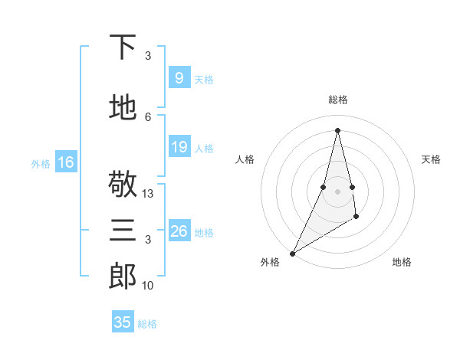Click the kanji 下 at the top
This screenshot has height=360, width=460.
(123, 47)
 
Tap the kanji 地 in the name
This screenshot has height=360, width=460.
(123, 109)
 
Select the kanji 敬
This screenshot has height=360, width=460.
(123, 185)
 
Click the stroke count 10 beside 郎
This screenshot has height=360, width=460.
(149, 285)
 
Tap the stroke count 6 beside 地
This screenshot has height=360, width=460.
(149, 116)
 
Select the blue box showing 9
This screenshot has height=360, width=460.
(179, 78)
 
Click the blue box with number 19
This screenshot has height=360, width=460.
(179, 147)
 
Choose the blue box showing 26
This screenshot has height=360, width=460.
(179, 231)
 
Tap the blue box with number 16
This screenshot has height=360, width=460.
(65, 162)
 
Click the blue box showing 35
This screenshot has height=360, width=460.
(122, 322)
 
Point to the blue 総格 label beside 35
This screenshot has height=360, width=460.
(147, 324)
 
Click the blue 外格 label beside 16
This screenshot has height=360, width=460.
(41, 163)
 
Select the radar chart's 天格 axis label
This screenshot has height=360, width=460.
(432, 159)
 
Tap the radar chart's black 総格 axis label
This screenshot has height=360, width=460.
(337, 100)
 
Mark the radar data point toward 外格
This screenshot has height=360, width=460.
(292, 253)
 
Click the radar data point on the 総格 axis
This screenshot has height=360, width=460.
(337, 130)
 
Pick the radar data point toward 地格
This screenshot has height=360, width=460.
(356, 218)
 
